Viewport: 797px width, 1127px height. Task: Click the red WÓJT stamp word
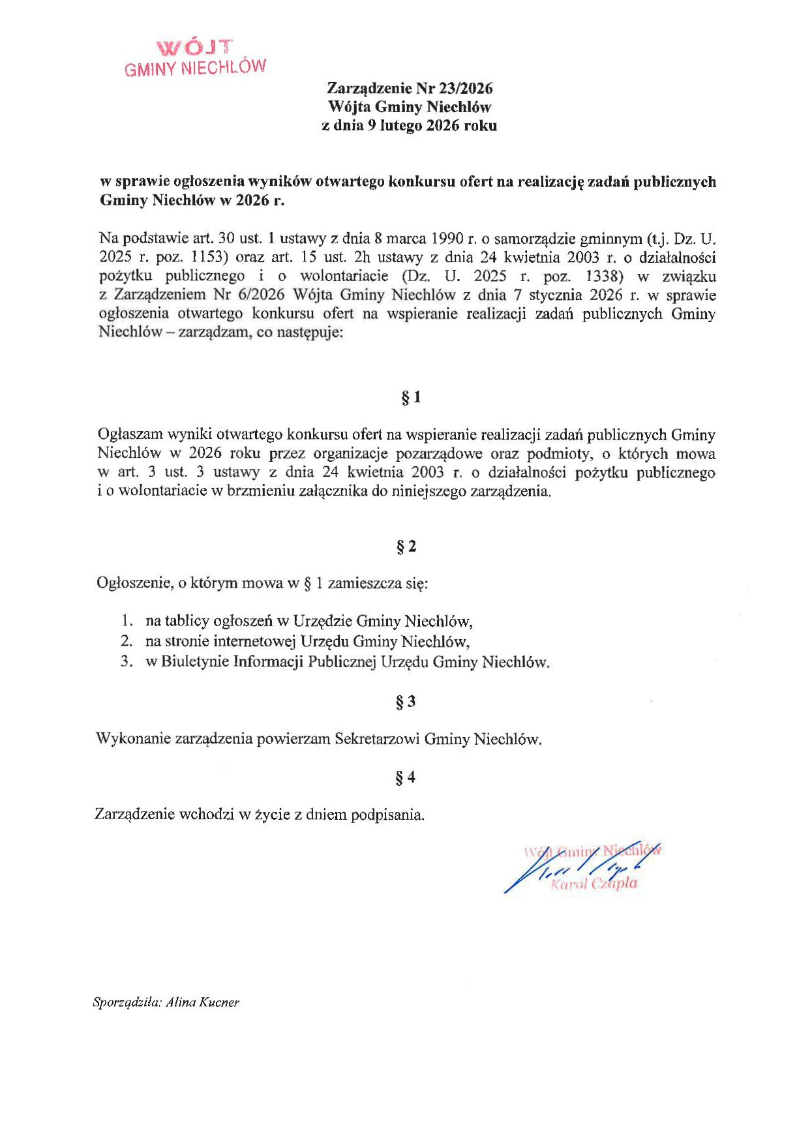tap(194, 48)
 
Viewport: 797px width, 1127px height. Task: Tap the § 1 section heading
tap(410, 397)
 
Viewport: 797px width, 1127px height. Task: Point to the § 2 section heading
tap(406, 547)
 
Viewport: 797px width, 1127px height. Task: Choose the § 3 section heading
tap(405, 702)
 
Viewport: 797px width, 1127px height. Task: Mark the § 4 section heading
tap(405, 777)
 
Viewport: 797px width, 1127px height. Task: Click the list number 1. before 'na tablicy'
tap(127, 621)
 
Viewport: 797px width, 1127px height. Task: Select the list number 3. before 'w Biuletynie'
tap(127, 662)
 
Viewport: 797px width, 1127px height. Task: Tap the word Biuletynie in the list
tap(194, 662)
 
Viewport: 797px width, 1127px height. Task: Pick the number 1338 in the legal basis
tap(601, 276)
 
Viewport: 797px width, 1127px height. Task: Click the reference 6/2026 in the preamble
tap(260, 295)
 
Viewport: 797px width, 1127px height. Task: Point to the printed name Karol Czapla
tap(594, 884)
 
